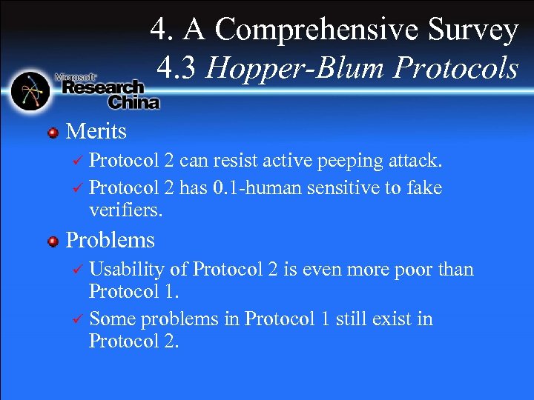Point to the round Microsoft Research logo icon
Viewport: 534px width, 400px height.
pos(30,91)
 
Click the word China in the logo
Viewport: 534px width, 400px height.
pos(134,102)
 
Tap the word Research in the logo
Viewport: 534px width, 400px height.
pos(103,88)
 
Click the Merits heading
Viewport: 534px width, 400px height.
pos(96,132)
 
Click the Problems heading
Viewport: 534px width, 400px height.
pos(111,240)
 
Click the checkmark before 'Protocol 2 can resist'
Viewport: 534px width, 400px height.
pos(77,162)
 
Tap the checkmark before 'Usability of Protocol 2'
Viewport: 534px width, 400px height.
pos(77,270)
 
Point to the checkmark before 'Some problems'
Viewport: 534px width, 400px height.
pos(77,320)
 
